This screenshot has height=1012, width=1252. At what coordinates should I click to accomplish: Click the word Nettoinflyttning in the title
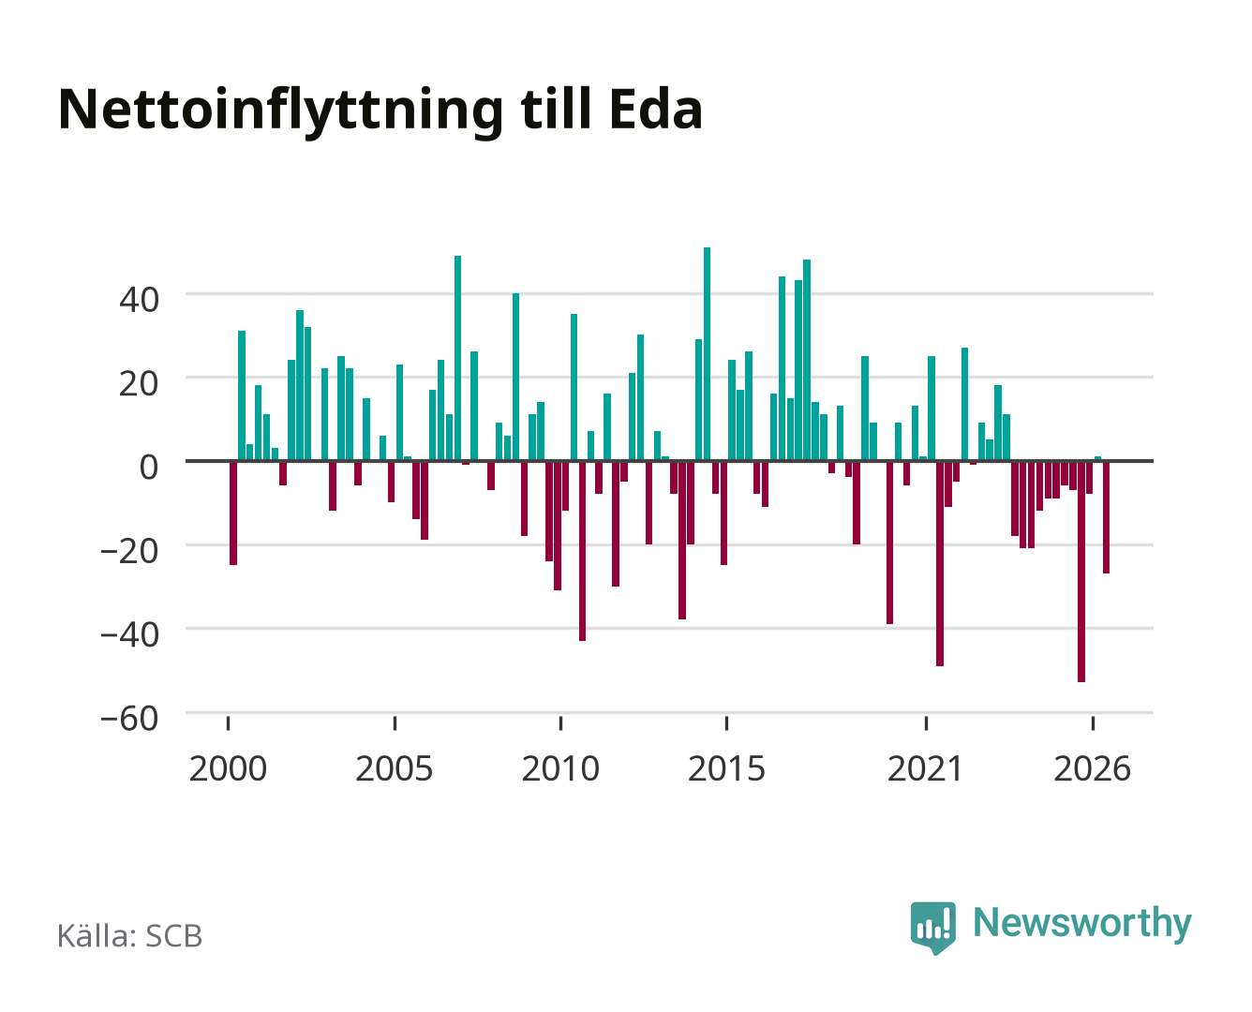point(281,112)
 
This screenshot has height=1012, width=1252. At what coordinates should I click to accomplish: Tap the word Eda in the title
point(655,109)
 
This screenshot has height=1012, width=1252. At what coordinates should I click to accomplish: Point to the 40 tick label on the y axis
point(139,300)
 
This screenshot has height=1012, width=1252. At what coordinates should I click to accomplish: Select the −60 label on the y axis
point(129,719)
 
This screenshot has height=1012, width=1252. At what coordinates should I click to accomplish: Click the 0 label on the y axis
point(149,468)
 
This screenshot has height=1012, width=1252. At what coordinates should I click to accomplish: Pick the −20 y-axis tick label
point(129,551)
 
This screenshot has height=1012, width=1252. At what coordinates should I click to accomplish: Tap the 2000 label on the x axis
point(228,768)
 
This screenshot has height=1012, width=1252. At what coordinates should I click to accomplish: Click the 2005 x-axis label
point(395,768)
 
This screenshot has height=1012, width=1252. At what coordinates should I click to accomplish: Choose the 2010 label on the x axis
point(560,768)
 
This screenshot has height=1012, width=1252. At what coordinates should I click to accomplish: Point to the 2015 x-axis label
point(726,768)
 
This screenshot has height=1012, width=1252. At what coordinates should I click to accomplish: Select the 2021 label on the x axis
point(926,768)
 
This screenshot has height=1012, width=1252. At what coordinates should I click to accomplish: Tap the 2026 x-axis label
point(1092,768)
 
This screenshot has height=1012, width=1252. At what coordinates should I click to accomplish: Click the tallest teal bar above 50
point(708,354)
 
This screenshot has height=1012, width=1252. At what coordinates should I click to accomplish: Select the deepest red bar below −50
point(1081,572)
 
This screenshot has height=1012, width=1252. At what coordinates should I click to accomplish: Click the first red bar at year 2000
point(233,513)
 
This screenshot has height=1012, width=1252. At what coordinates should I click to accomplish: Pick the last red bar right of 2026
point(1106,518)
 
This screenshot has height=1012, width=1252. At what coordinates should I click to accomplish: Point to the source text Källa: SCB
point(129,936)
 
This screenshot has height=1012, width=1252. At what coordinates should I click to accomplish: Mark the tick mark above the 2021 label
point(927,722)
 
